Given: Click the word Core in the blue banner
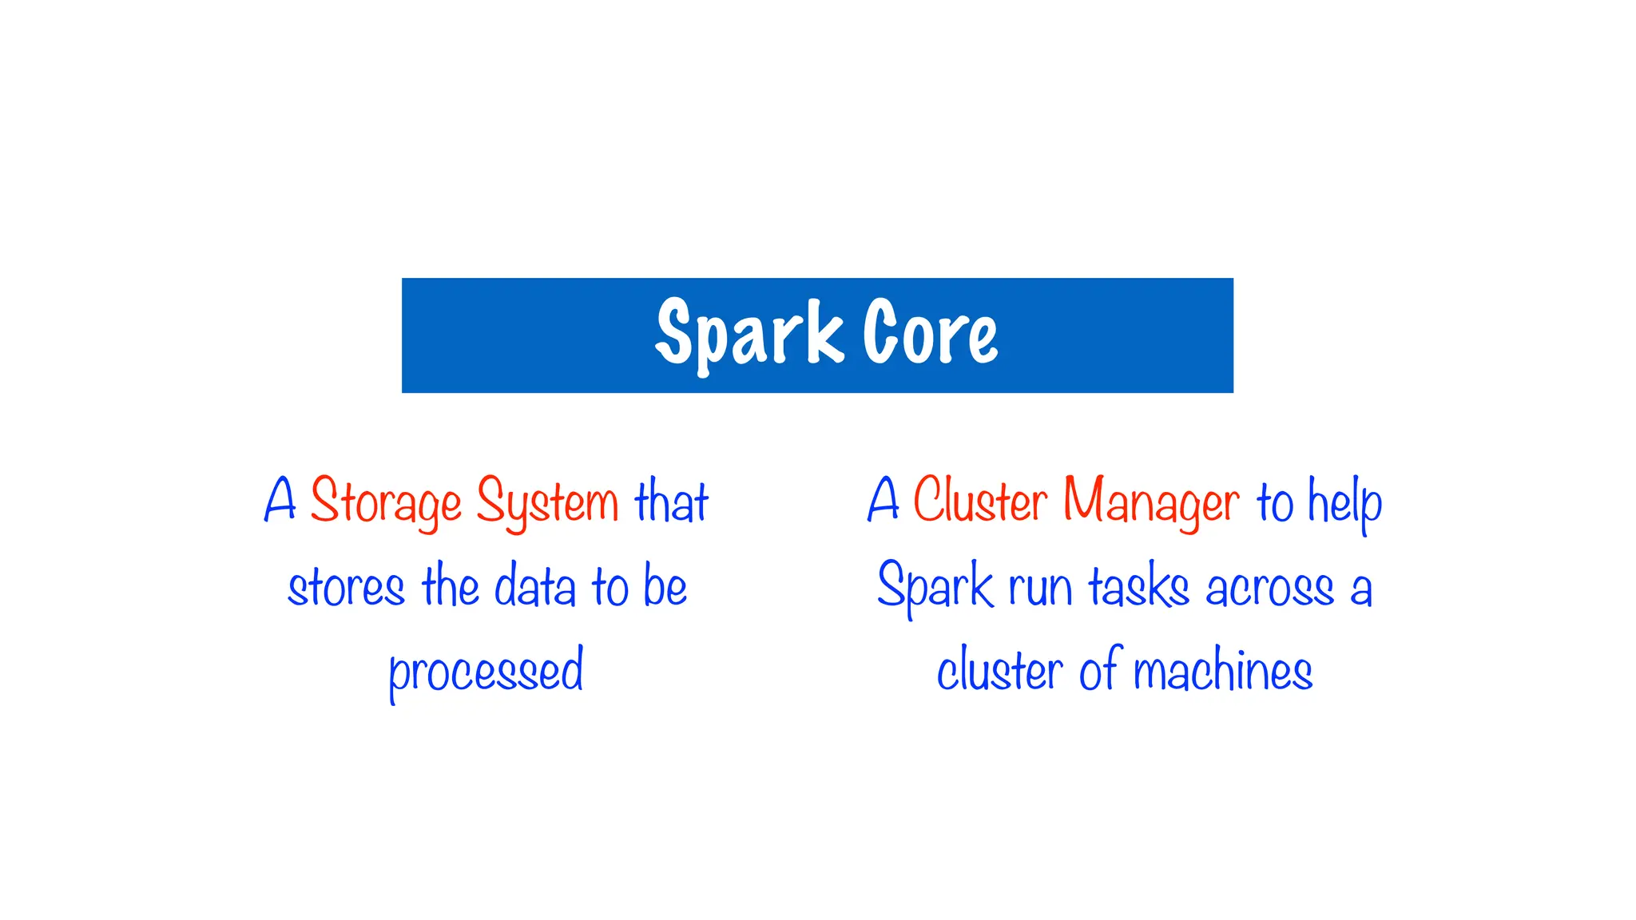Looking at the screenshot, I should click(931, 334).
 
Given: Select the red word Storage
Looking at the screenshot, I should click(386, 502).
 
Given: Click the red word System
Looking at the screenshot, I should click(547, 502).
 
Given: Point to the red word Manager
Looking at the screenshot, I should click(1150, 502).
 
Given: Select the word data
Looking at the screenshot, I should click(534, 586).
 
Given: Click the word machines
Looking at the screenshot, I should click(1222, 671).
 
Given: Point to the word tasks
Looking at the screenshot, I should click(1139, 588).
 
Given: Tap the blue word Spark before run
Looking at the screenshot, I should click(935, 586).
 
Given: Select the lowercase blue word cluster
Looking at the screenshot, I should click(999, 671).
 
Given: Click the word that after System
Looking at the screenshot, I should click(671, 502).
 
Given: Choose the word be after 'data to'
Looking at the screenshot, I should click(665, 586).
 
